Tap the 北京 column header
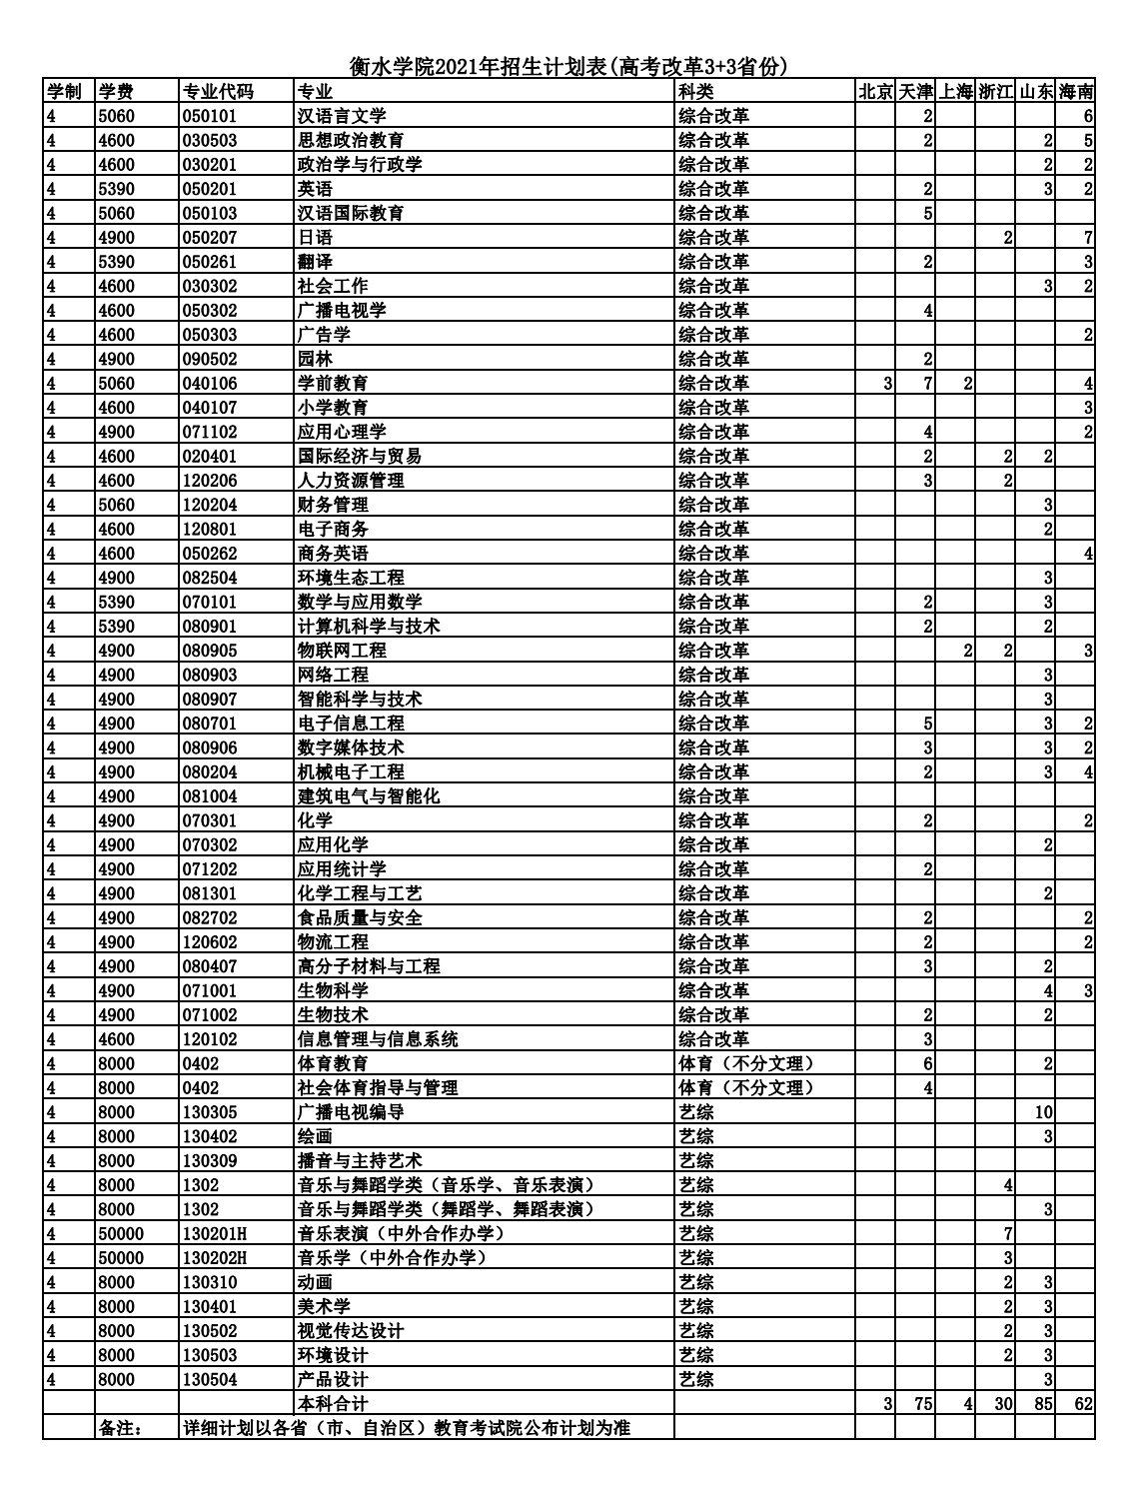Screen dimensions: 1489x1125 tap(875, 92)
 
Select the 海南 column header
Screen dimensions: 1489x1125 tap(1076, 92)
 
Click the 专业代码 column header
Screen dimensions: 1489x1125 tap(218, 92)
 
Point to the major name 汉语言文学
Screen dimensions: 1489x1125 tap(342, 116)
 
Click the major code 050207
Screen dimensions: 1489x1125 tap(210, 238)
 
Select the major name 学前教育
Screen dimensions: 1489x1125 tap(333, 383)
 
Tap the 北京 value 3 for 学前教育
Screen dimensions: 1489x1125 tap(887, 383)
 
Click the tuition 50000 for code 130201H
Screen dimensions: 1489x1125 tap(121, 1233)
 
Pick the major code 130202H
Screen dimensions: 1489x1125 tap(215, 1257)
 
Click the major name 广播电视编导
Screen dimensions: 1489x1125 tap(351, 1112)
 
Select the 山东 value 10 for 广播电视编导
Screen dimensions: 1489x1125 tap(1043, 1112)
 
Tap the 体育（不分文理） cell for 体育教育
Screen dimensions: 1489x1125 tap(746, 1063)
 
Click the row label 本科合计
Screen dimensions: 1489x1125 tap(333, 1403)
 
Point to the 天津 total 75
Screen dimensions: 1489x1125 tap(922, 1403)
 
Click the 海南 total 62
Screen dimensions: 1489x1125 tap(1083, 1403)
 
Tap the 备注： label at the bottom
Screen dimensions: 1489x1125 tap(122, 1427)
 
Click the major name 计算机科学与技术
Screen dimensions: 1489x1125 tap(369, 626)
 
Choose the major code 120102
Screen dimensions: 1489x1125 tap(210, 1039)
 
